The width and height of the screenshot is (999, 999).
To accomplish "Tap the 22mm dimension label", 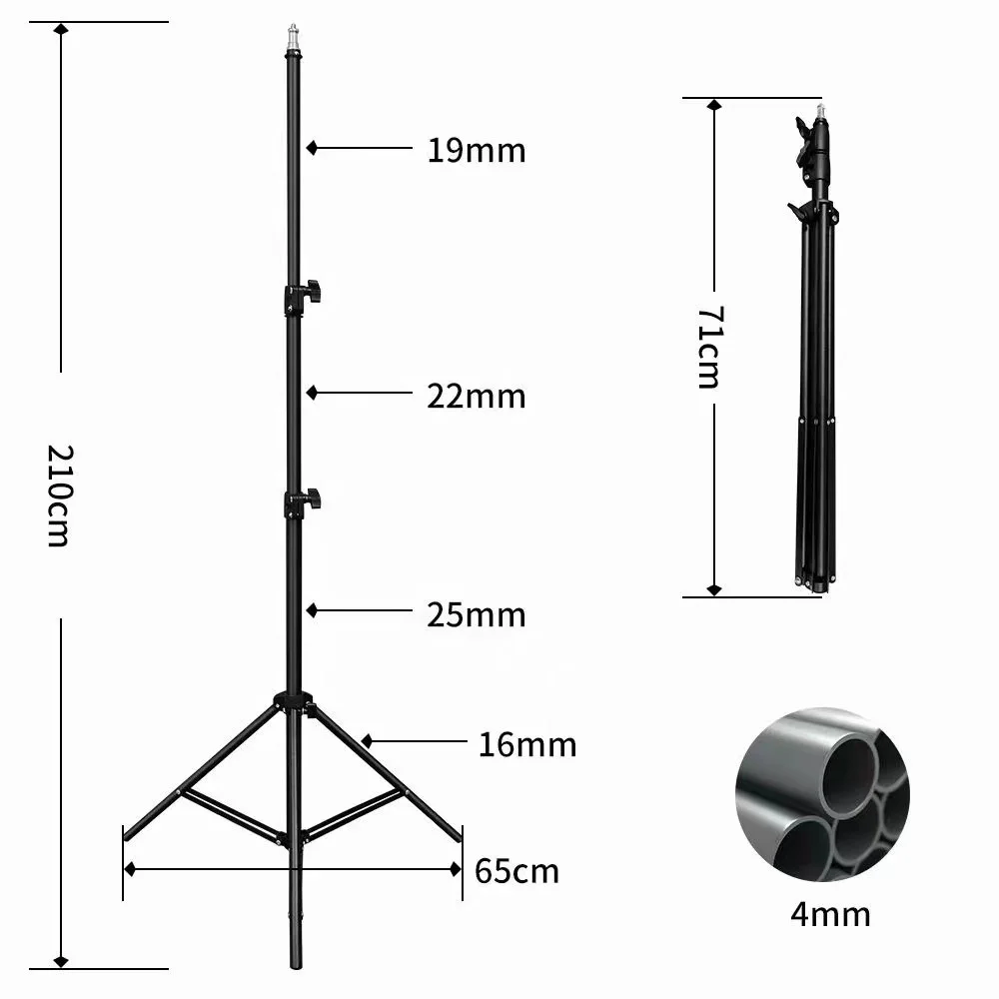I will coord(476,397).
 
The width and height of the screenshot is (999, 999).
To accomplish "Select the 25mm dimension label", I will coord(476,614).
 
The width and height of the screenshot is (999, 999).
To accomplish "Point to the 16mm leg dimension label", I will coord(526,744).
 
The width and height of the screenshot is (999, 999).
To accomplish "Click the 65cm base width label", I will coord(516,871).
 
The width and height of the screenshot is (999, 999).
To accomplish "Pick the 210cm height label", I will coord(59,495).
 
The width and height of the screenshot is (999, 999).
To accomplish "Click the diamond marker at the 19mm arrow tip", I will coord(313,148).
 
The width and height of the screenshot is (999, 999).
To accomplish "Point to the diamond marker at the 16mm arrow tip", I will coord(367,741).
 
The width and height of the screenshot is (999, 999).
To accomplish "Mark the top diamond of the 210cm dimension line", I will coord(62,29).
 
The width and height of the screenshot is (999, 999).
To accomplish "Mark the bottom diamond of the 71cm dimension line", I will coord(713,589).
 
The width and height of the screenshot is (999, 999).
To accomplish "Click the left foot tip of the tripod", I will coord(125,835).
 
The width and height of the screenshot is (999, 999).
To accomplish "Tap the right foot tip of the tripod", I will coord(461,836).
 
